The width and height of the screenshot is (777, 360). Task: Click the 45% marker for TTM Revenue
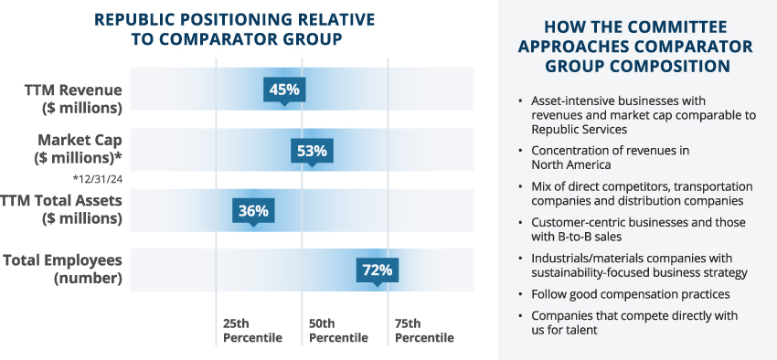coord(284,90)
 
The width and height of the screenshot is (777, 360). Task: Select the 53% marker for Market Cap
coord(312,151)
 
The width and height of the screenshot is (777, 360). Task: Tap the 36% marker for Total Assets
coord(253,211)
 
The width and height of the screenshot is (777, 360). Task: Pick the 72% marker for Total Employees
coord(378,270)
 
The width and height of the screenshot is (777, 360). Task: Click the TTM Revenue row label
coord(73,99)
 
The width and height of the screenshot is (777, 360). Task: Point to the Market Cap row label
coord(79,149)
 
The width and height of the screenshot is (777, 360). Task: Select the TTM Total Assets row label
coord(61,209)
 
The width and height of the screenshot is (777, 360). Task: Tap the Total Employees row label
coord(63,270)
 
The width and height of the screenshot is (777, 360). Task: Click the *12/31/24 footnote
coord(97,179)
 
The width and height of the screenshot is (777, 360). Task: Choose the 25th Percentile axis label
coord(252,331)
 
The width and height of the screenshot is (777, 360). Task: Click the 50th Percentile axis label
coord(338,331)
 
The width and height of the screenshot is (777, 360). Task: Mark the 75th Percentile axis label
coord(424,331)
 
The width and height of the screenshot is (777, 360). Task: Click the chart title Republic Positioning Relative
coord(234,19)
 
